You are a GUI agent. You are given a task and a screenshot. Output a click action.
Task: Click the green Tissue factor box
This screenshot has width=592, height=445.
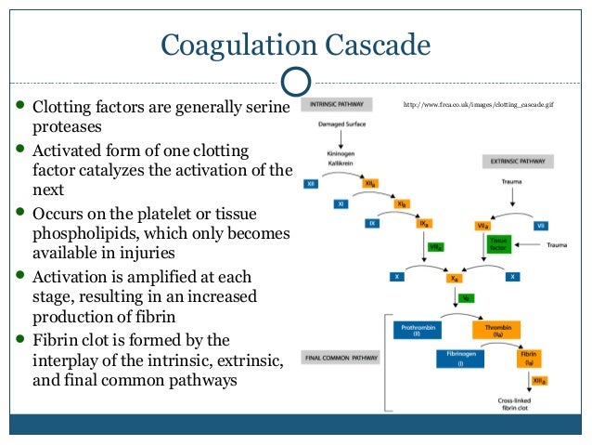coord(497,244)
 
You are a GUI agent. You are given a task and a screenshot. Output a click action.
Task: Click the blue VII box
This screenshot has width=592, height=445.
coord(541,225)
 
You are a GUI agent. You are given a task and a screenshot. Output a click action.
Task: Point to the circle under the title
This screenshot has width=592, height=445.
coord(296,81)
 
